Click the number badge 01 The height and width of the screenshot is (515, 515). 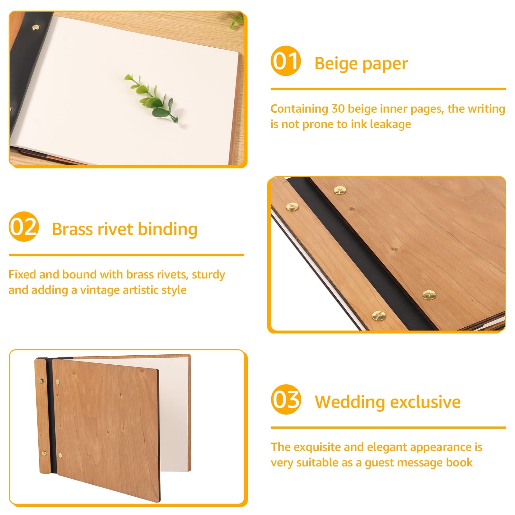(286, 61)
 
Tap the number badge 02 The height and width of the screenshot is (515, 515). (24, 227)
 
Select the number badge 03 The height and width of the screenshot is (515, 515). (286, 399)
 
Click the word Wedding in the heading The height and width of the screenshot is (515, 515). (350, 402)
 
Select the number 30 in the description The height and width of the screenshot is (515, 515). (338, 109)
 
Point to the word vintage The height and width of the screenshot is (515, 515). (100, 290)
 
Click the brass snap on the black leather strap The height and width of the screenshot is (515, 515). (34, 28)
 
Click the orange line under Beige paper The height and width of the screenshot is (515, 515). (388, 89)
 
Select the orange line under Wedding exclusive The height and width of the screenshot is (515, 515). (389, 427)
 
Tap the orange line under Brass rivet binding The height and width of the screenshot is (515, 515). (126, 255)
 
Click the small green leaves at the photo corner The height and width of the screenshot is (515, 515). (237, 21)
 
